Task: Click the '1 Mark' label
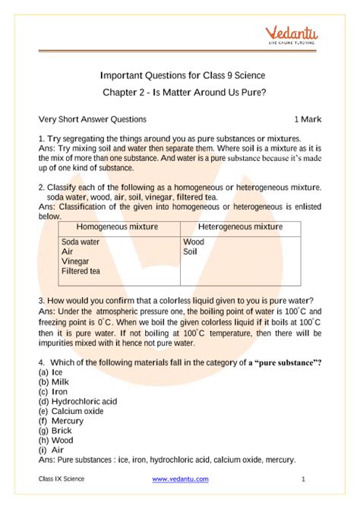309,120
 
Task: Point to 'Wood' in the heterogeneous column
194,242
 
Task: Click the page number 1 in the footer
303,479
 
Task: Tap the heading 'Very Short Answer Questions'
92,120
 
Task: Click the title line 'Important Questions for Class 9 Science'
182,76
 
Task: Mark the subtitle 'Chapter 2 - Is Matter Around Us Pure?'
182,93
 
